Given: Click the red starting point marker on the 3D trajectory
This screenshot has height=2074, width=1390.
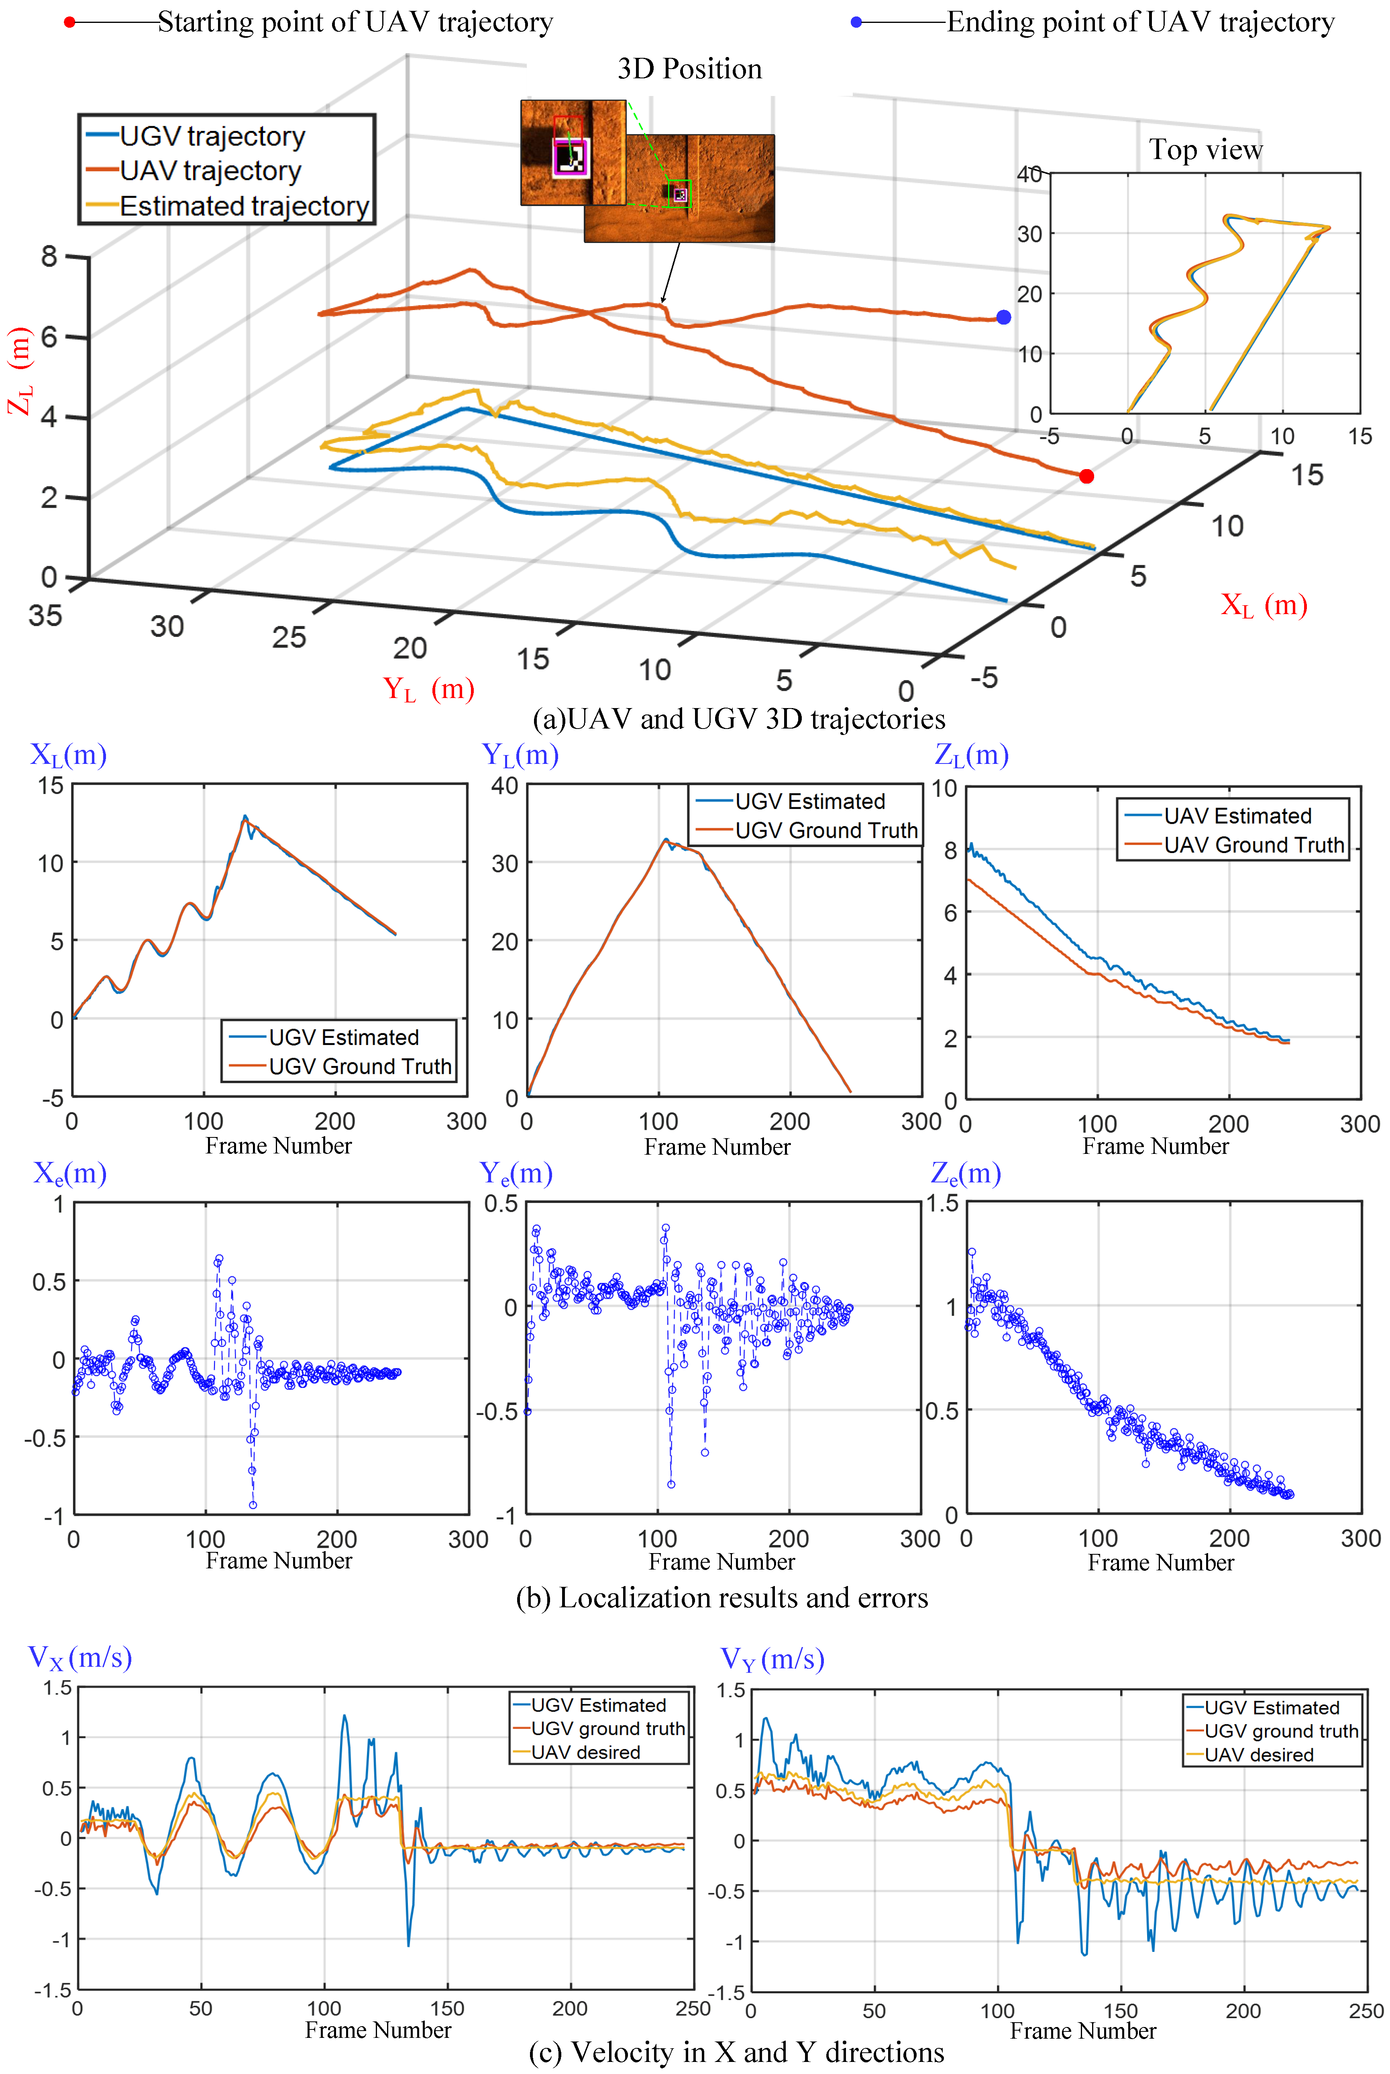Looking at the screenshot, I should point(1086,476).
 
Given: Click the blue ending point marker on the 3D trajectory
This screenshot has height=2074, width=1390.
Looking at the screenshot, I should point(1003,317).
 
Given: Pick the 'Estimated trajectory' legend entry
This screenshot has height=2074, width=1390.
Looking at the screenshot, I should point(244,206).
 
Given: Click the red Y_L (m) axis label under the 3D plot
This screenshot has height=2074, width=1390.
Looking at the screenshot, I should point(428,689).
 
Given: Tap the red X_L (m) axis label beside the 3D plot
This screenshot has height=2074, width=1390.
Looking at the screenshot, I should point(1263,606).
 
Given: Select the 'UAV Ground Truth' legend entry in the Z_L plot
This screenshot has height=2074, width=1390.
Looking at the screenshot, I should point(1253,845).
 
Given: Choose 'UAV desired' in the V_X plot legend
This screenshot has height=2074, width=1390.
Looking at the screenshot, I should point(585,1752).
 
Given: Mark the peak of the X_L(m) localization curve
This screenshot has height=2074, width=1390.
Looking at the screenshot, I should point(246,817).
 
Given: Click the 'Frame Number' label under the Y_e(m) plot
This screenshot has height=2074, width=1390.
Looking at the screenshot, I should point(721,1562).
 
